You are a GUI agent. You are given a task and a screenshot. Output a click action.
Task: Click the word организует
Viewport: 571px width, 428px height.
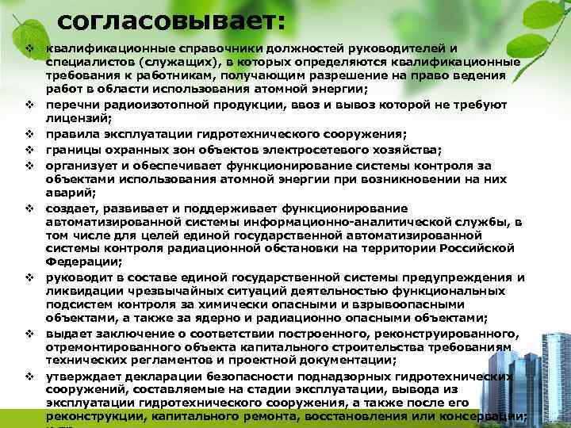pyautogui.click(x=82, y=165)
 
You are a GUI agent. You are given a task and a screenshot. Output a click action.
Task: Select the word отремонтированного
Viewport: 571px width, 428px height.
pyautogui.click(x=110, y=346)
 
